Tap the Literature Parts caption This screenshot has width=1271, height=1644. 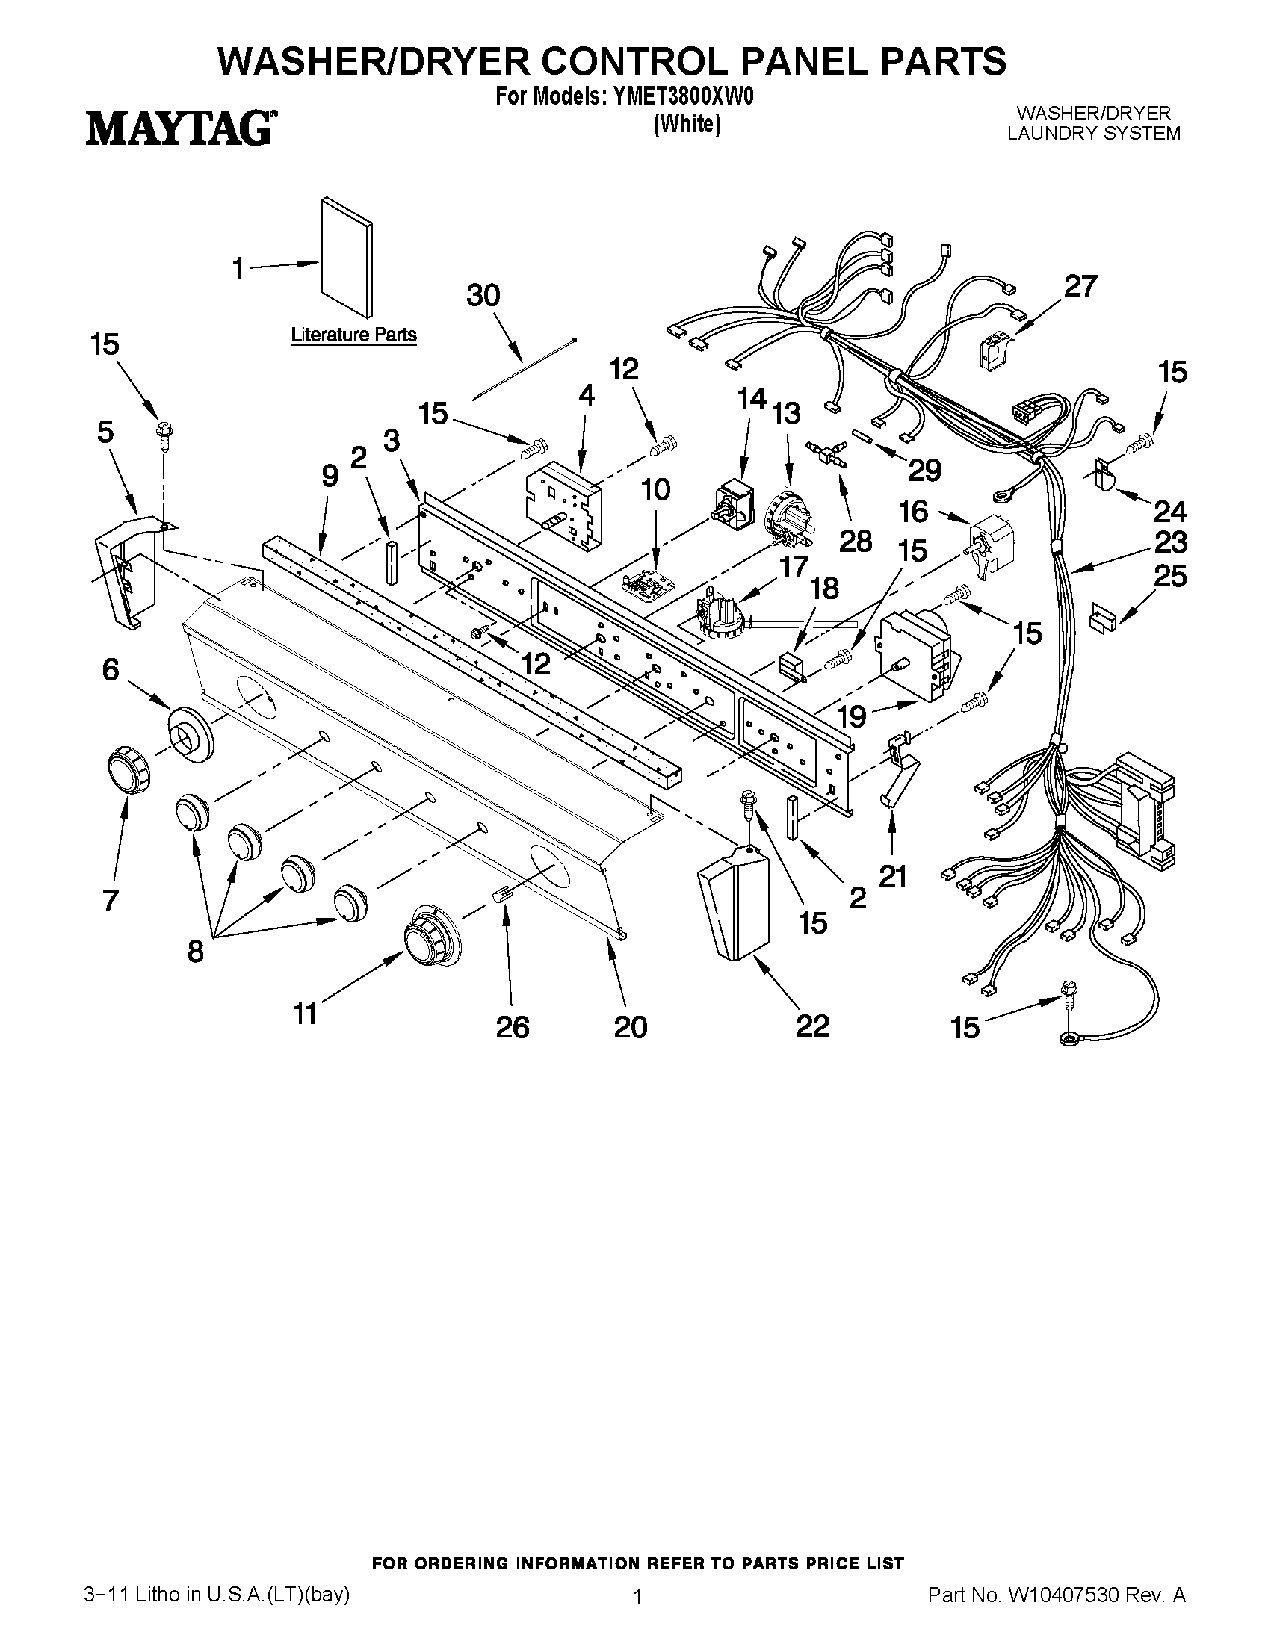click(x=354, y=334)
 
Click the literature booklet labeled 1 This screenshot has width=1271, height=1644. click(x=346, y=258)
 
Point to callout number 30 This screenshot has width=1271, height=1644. click(x=483, y=295)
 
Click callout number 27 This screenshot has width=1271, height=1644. click(x=1080, y=286)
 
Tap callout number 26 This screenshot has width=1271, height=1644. click(x=512, y=1026)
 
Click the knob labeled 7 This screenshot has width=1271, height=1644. click(x=128, y=771)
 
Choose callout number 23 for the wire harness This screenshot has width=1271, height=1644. click(x=1170, y=542)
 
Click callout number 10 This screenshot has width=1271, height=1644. click(x=655, y=490)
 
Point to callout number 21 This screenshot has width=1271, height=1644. click(x=892, y=875)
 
